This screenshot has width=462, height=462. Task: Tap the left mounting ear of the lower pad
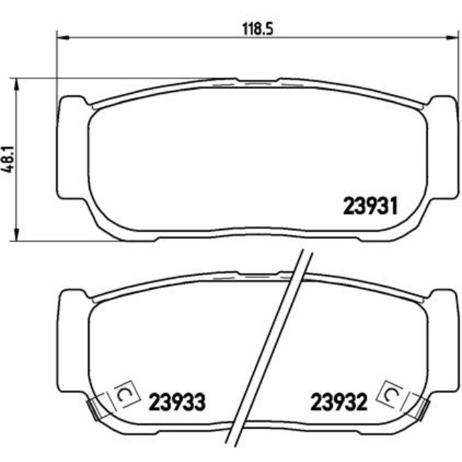(71, 341)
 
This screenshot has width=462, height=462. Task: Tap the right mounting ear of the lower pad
(442, 341)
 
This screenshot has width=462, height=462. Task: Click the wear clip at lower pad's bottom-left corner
(94, 407)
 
